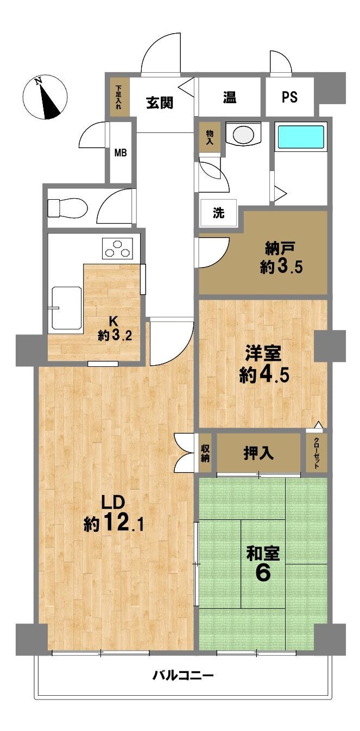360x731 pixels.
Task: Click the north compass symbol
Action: (x=45, y=98)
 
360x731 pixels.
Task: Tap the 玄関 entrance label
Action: (x=160, y=103)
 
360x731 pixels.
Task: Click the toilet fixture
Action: (x=67, y=207)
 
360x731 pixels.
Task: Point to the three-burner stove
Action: (x=117, y=249)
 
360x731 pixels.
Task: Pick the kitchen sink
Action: (x=67, y=308)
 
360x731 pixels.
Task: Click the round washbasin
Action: (x=243, y=134)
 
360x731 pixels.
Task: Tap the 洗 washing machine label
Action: (x=219, y=213)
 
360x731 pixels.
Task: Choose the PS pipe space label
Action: (x=290, y=97)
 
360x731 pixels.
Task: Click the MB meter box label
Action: (x=121, y=152)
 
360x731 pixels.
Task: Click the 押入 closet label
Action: (x=258, y=453)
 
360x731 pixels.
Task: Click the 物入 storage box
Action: (x=210, y=137)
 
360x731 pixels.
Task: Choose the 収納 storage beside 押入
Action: (x=205, y=453)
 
